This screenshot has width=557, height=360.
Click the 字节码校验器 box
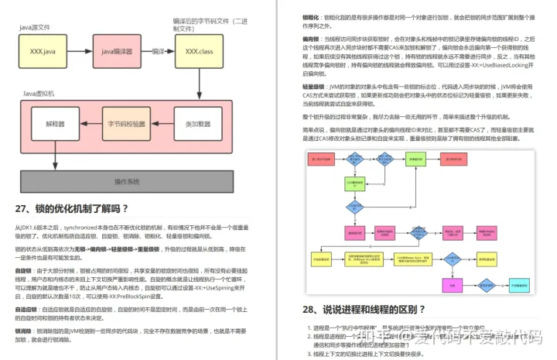coord(126,123)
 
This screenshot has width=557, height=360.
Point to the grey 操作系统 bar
coord(125,181)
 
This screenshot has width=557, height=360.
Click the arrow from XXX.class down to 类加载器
coord(199,85)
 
